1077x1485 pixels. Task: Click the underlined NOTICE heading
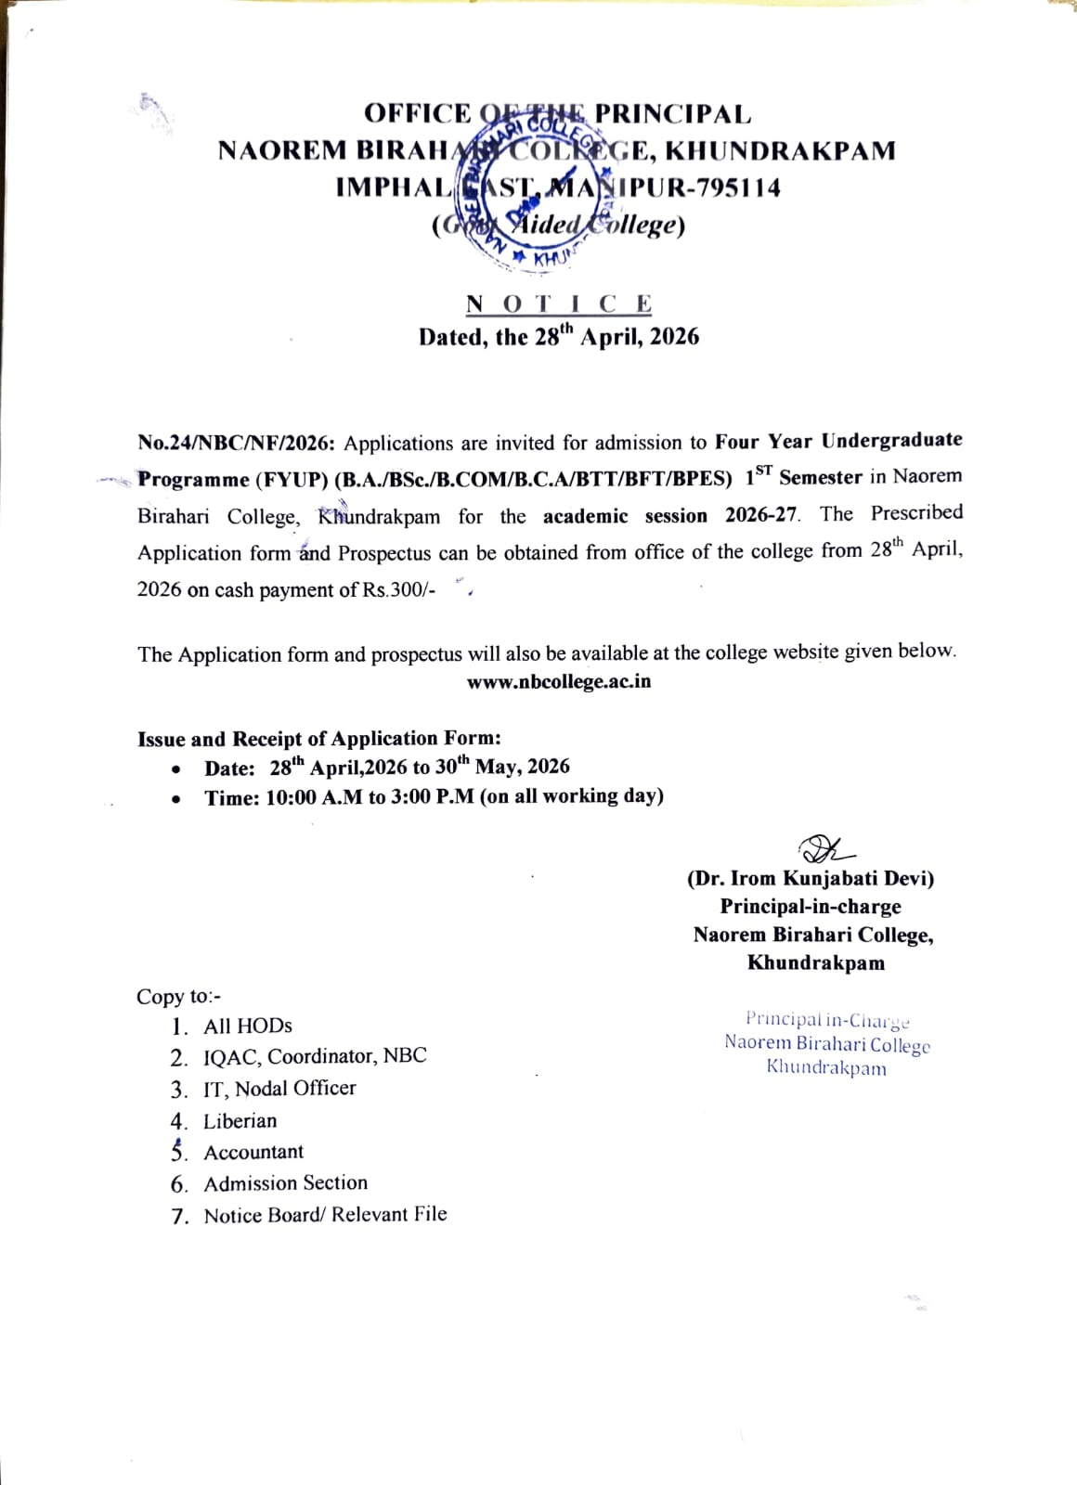pos(559,303)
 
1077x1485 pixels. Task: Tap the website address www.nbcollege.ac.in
pos(559,682)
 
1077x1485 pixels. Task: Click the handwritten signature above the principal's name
pos(824,848)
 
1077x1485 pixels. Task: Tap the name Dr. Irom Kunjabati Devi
pos(811,878)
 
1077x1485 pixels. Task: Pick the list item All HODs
pos(248,1026)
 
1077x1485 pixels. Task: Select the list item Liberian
pos(240,1121)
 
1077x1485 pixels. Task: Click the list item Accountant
pos(253,1152)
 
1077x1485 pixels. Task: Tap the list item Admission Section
pos(286,1183)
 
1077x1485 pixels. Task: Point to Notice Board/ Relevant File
pos(325,1215)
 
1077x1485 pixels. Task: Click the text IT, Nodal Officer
pos(279,1088)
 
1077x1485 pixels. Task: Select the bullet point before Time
pos(176,798)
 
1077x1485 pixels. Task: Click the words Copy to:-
pos(179,997)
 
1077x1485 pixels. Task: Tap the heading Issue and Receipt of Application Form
pos(319,739)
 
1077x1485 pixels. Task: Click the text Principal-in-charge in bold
pos(811,907)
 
